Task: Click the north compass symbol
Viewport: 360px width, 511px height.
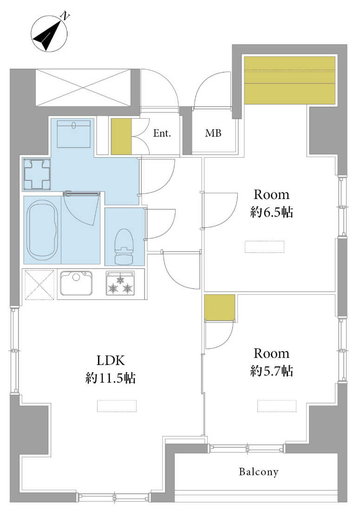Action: (x=49, y=34)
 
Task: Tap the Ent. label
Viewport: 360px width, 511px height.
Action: (x=162, y=133)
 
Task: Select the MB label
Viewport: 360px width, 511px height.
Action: (x=213, y=133)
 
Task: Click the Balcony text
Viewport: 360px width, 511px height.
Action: (x=259, y=472)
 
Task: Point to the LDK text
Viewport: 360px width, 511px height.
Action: (x=111, y=360)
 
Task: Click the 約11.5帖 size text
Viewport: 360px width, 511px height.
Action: (x=111, y=378)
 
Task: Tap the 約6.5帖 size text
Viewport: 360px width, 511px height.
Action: (x=271, y=212)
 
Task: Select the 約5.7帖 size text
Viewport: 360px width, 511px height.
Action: (x=271, y=371)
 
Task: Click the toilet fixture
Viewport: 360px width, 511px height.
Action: (x=124, y=246)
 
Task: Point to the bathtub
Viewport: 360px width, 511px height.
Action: (x=42, y=230)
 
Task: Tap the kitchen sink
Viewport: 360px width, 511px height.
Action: (x=76, y=283)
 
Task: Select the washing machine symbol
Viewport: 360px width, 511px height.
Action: (x=36, y=174)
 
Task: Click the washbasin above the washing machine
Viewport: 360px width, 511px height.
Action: (x=74, y=134)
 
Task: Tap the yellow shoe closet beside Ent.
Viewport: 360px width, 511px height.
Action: (x=121, y=136)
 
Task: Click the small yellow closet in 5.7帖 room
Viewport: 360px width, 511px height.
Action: (x=220, y=307)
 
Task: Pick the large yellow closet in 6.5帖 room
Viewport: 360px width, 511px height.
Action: (x=290, y=80)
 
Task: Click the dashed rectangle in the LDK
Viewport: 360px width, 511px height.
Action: (x=117, y=406)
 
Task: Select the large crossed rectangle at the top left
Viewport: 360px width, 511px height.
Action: (x=83, y=87)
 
